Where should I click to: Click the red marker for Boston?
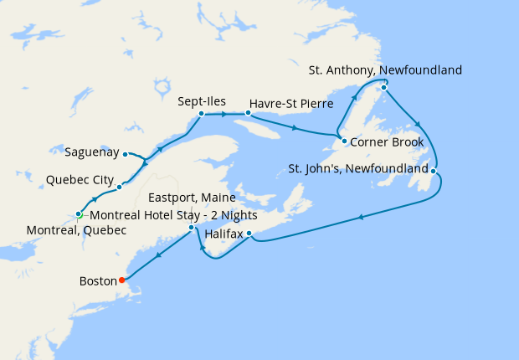point(122,280)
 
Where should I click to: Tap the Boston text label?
point(98,281)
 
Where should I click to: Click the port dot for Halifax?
point(249,233)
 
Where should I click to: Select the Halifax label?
point(224,235)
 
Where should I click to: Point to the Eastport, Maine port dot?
point(192,228)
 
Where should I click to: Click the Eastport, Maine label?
point(191,198)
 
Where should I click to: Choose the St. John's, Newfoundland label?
point(357,168)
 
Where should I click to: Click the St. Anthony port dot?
point(383,87)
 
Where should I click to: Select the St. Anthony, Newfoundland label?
point(385,70)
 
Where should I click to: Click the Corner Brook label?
point(387,141)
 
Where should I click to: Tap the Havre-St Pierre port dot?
point(248,111)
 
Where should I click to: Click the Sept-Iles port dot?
point(202,113)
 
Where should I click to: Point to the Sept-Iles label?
point(201,101)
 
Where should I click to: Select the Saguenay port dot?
point(125,154)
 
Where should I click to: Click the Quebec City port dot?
point(120,186)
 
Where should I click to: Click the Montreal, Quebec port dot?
point(78,214)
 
